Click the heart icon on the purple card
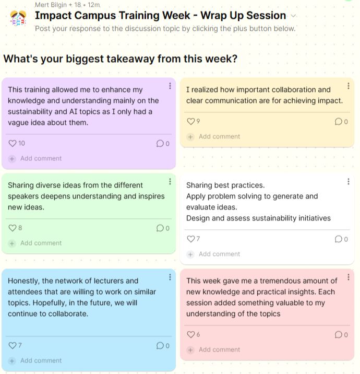[x=13, y=143]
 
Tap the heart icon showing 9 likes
[x=191, y=121]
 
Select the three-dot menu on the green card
[x=170, y=181]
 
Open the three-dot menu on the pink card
[x=349, y=277]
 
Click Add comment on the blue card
[x=41, y=360]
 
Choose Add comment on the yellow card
[x=219, y=136]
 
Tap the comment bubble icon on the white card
[x=338, y=239]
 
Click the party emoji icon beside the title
[x=18, y=18]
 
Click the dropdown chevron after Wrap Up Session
[x=294, y=16]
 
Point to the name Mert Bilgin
[x=51, y=5]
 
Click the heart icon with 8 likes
[x=13, y=228]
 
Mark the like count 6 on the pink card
[x=198, y=334]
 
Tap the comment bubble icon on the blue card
[x=160, y=345]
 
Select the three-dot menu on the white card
[x=349, y=181]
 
